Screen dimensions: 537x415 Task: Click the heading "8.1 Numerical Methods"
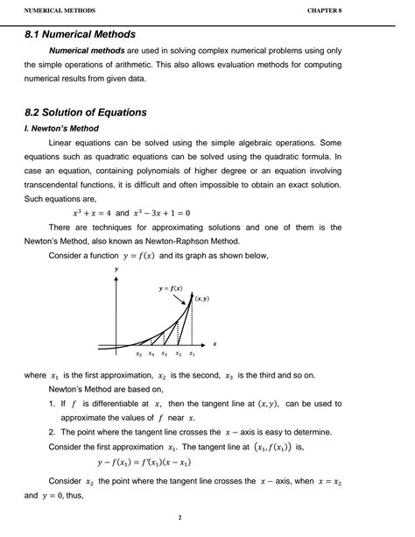point(80,35)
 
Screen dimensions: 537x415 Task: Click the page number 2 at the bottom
point(180,517)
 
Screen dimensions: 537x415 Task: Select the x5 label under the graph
point(138,354)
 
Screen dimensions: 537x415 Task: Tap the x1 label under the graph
point(192,354)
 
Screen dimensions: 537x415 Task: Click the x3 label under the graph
point(165,354)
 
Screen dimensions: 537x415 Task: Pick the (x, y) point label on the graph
point(201,299)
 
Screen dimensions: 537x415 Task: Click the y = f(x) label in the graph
point(171,288)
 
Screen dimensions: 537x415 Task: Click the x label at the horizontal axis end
point(215,343)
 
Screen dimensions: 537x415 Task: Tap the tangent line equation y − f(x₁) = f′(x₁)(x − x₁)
point(145,463)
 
